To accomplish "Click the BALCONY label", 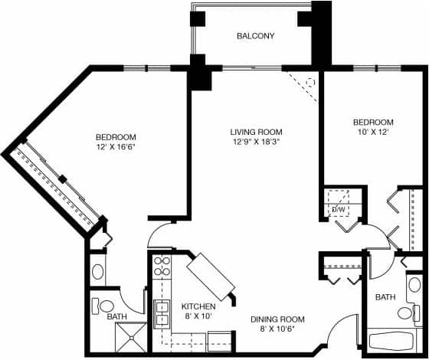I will (255, 36).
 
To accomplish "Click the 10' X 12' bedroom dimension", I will (372, 133).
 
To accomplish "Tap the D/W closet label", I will (338, 208).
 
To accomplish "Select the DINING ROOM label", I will (278, 319).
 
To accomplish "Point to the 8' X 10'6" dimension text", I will (278, 329).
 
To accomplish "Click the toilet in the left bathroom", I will (105, 306).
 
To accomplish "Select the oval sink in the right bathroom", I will (414, 285).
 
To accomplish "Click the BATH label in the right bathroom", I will (384, 296).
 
